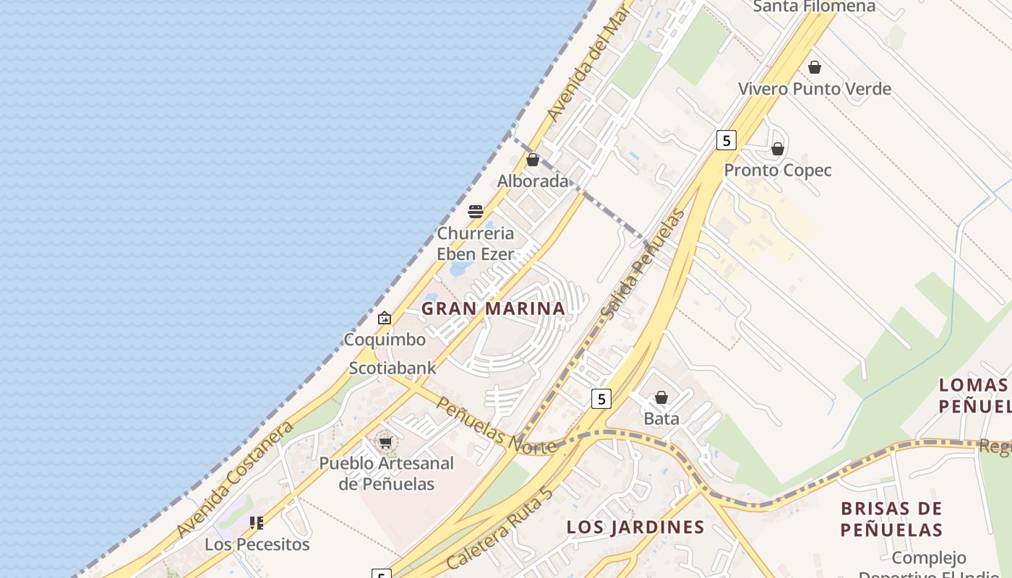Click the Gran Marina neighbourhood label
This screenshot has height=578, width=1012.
[493, 309]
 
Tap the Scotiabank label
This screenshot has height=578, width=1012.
[393, 368]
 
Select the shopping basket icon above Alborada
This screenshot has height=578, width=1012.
[533, 160]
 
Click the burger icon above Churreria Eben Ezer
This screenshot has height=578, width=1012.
[476, 212]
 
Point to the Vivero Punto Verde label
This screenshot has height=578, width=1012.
[814, 89]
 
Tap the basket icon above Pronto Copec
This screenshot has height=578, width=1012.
[778, 150]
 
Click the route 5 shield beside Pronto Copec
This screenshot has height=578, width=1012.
[726, 140]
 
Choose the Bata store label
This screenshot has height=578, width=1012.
[661, 418]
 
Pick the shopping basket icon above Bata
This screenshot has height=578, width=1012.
[661, 397]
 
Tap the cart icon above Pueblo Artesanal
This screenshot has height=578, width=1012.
[386, 441]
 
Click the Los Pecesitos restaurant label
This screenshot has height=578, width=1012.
[257, 544]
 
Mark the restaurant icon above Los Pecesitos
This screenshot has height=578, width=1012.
[257, 522]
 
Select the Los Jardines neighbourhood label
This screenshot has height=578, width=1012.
[635, 527]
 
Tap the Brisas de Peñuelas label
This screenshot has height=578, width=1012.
[891, 519]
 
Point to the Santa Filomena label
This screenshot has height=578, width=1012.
[814, 7]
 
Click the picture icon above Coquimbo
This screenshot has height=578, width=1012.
[385, 318]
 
